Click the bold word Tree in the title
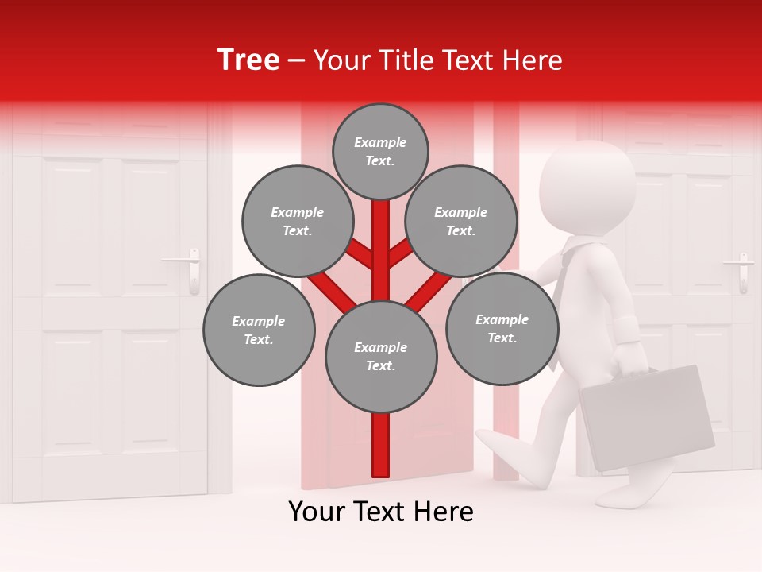tap(248, 60)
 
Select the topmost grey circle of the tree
tap(380, 151)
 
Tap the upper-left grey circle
tap(298, 221)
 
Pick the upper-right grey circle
tap(461, 221)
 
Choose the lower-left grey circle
tap(259, 330)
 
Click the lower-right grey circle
tap(502, 328)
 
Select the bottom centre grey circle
tap(381, 356)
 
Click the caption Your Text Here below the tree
tap(381, 512)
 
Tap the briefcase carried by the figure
tap(647, 417)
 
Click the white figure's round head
tap(587, 187)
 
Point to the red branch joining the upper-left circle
tap(357, 253)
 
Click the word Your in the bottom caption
tap(317, 512)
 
